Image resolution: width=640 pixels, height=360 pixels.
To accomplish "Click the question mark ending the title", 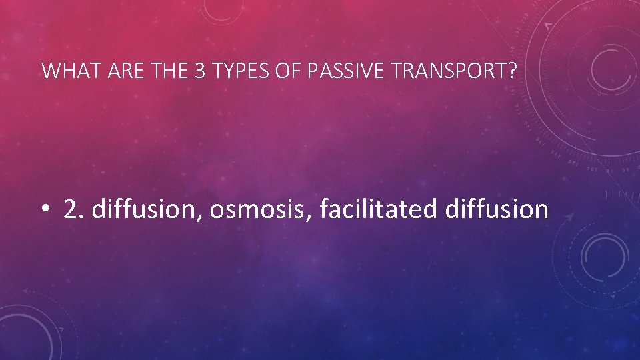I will tap(511, 71).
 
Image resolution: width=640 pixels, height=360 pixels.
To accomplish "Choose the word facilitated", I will tap(378, 209).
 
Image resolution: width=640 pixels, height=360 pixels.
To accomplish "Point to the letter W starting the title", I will tap(49, 71).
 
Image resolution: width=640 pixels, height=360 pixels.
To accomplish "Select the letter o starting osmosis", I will tap(217, 211).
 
